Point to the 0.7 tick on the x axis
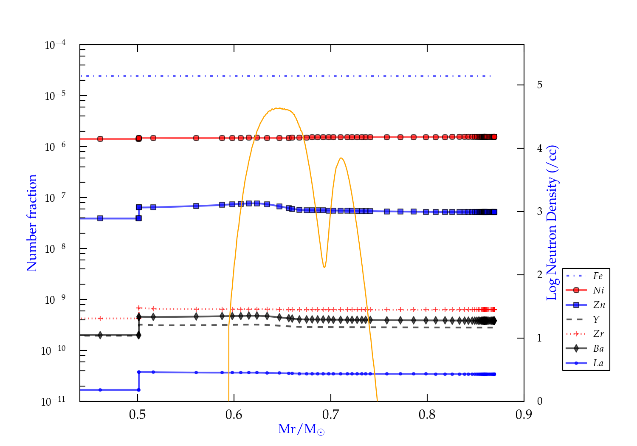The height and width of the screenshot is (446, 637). point(330,415)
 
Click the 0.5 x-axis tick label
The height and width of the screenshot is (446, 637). point(137,415)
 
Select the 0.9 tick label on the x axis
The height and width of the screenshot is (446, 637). point(524,415)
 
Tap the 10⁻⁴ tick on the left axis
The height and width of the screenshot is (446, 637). point(55,45)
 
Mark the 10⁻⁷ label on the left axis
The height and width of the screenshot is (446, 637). point(55,198)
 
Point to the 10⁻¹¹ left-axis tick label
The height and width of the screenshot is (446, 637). point(54,401)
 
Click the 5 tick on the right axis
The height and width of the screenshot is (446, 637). point(539,85)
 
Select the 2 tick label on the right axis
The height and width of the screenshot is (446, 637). point(539,275)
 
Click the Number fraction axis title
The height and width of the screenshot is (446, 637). point(32,223)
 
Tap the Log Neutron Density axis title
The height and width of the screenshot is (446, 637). point(552,223)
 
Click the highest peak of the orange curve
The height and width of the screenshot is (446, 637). point(277,108)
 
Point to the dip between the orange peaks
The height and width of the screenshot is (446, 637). point(324,267)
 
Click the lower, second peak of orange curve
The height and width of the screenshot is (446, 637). point(341,158)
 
